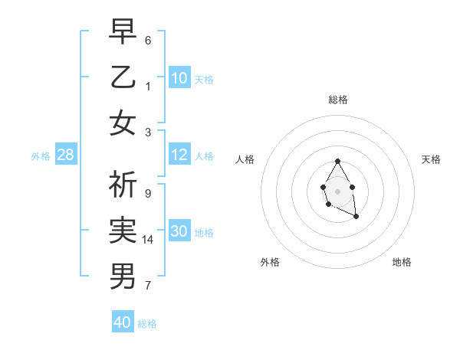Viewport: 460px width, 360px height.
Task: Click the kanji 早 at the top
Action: (123, 33)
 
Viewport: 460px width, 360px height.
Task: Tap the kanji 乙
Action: (123, 77)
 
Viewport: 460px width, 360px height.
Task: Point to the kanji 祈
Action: (123, 185)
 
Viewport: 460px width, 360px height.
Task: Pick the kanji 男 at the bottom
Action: (123, 275)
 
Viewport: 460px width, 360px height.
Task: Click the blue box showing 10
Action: (179, 77)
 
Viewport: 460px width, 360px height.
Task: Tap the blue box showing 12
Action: (179, 155)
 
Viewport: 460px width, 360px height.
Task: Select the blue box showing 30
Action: (179, 231)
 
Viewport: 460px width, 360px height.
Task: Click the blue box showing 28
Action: (66, 155)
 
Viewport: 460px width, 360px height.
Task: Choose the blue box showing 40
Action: (123, 322)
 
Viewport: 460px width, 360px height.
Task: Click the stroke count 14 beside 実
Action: (148, 240)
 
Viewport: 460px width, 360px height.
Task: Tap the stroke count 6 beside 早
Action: (147, 40)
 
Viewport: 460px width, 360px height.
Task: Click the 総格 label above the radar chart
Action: (337, 100)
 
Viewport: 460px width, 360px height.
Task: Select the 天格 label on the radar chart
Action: (432, 159)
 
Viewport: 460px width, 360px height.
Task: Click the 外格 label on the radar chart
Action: (270, 262)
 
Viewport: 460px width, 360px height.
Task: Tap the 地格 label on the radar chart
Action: (402, 262)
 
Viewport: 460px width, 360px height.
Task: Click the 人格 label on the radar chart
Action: (245, 159)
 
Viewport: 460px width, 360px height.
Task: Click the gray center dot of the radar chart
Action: (337, 191)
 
